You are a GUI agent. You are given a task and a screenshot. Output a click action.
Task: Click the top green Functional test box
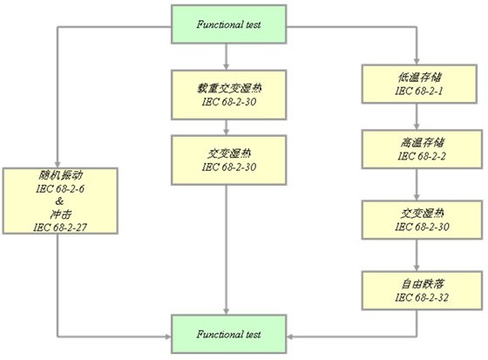pyautogui.click(x=228, y=24)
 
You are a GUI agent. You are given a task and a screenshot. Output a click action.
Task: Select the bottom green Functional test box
pyautogui.click(x=228, y=334)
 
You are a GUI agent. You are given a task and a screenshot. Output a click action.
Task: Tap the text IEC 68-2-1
pyautogui.click(x=419, y=91)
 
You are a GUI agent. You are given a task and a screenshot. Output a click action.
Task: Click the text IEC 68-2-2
pyautogui.click(x=422, y=156)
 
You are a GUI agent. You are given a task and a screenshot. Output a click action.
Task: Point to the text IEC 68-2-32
pyautogui.click(x=422, y=297)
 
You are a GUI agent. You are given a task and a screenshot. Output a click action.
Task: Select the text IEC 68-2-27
pyautogui.click(x=60, y=228)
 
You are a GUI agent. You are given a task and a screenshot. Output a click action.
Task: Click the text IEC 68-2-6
pyautogui.click(x=60, y=189)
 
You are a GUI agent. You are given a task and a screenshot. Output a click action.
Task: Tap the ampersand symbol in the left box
pyautogui.click(x=59, y=201)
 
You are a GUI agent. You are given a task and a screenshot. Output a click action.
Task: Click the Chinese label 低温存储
pyautogui.click(x=419, y=78)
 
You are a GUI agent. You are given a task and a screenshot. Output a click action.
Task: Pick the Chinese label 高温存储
pyautogui.click(x=422, y=142)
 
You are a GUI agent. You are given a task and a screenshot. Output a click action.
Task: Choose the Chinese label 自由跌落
pyautogui.click(x=422, y=283)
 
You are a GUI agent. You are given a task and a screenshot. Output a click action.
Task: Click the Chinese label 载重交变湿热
pyautogui.click(x=229, y=88)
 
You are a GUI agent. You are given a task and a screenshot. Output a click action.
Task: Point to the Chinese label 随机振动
pyautogui.click(x=60, y=175)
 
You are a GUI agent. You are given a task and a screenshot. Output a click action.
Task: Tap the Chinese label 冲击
pyautogui.click(x=60, y=214)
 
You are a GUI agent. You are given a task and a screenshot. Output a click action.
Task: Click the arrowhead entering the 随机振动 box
pyautogui.click(x=58, y=165)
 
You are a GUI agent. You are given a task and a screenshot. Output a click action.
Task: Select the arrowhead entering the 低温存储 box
pyautogui.click(x=417, y=61)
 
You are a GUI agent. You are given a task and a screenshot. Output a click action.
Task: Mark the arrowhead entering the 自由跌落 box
pyautogui.click(x=417, y=268)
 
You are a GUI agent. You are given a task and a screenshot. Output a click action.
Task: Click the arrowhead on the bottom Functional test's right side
pyautogui.click(x=290, y=336)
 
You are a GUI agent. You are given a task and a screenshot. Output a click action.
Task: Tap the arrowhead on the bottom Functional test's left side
pyautogui.click(x=168, y=336)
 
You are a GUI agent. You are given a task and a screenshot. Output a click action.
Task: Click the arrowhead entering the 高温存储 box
pyautogui.click(x=417, y=126)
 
